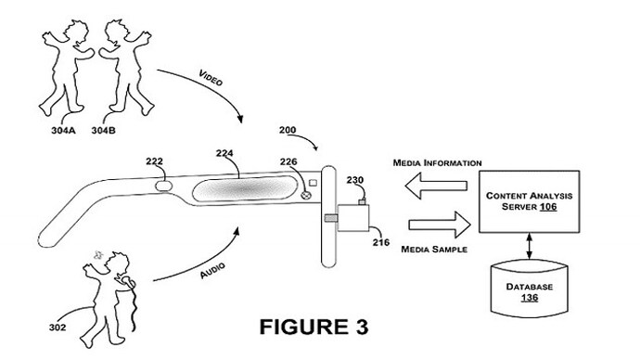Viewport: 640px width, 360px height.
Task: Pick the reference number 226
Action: coord(289,161)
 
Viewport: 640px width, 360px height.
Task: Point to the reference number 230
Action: coord(355,180)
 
